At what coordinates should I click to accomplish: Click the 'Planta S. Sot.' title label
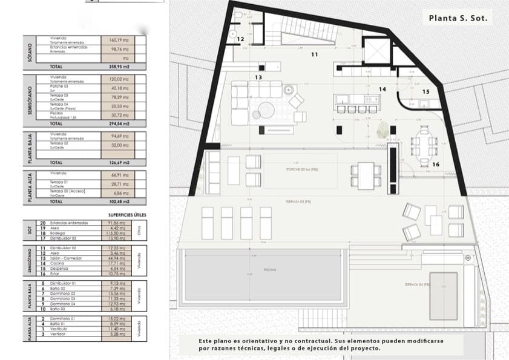coord(458,19)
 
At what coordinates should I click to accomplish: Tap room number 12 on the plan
coord(240,39)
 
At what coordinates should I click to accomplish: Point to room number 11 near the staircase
coord(314,55)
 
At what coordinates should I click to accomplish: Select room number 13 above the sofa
coord(258,77)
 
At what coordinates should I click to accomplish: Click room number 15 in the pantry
coord(425,92)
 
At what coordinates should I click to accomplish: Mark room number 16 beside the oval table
coord(435,164)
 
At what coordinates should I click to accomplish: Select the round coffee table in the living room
coord(266,111)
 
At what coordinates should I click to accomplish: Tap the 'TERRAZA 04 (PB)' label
coord(418,284)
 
